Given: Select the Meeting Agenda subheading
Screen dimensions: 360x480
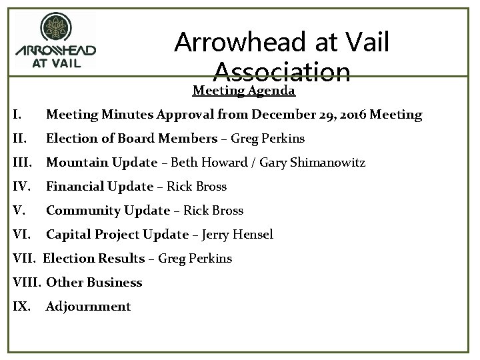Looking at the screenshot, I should point(244,90).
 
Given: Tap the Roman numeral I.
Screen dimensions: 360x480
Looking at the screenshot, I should point(17,115).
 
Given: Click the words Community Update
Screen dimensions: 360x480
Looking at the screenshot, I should point(107,211).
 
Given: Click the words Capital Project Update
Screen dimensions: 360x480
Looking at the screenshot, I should point(117,235).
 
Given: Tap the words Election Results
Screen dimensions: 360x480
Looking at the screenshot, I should point(95,259).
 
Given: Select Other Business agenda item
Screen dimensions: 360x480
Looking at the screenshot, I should point(94,283).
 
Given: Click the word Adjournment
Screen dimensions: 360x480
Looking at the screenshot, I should point(88,307).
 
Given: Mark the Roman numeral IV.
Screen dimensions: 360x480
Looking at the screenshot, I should point(21,187).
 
